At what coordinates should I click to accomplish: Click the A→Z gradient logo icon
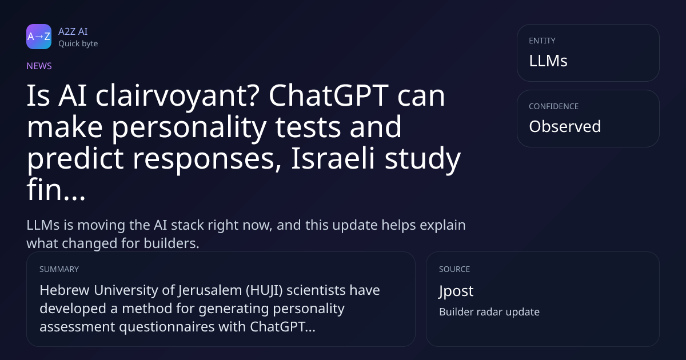[x=39, y=37]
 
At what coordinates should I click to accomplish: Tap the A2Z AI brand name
[x=73, y=31]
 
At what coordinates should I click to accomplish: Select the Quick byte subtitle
[x=78, y=44]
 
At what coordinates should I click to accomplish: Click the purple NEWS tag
[x=39, y=66]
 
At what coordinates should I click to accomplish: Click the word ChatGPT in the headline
[x=329, y=95]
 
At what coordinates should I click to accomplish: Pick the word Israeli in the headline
[x=333, y=158]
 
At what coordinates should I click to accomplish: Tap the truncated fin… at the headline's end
[x=56, y=190]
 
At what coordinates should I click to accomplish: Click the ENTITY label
[x=542, y=41]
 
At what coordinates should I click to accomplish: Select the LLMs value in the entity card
[x=548, y=61]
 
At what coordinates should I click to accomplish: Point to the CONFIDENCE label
[x=554, y=106]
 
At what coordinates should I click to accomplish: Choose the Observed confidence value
[x=565, y=126]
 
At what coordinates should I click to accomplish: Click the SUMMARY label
[x=59, y=269]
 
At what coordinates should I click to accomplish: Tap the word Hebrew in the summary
[x=64, y=290]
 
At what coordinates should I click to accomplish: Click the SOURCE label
[x=454, y=269]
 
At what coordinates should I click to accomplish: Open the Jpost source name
[x=456, y=291]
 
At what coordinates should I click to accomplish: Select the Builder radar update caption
[x=489, y=312]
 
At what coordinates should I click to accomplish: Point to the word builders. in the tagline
[x=171, y=243]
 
